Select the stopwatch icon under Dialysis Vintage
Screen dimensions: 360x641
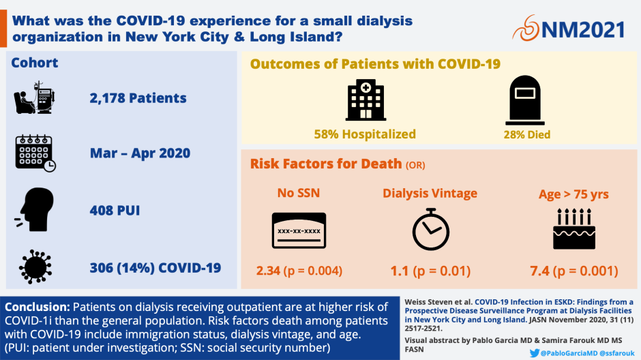coord(431,230)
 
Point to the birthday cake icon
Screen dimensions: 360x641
coord(573,230)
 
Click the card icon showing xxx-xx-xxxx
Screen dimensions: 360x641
coord(299,230)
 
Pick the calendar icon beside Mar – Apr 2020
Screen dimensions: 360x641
coord(35,153)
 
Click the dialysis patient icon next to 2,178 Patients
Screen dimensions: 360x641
coord(34,97)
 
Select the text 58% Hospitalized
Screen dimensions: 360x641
coord(365,134)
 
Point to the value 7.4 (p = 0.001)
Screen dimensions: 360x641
coord(573,271)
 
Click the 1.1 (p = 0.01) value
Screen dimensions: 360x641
coord(430,271)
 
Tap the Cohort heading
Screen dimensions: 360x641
coord(34,63)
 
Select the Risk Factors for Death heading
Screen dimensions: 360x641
coord(326,164)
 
